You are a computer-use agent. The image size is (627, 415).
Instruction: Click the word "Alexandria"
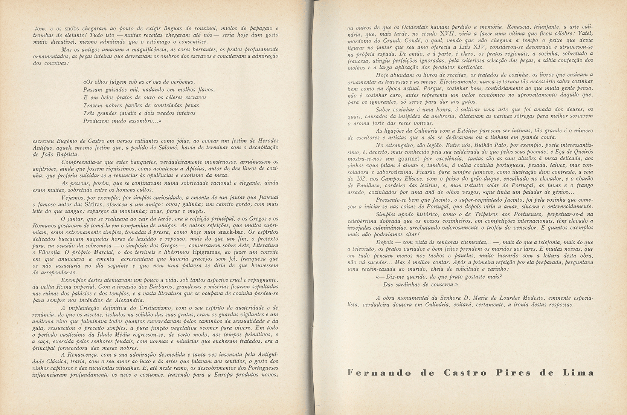pos(126,300)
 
